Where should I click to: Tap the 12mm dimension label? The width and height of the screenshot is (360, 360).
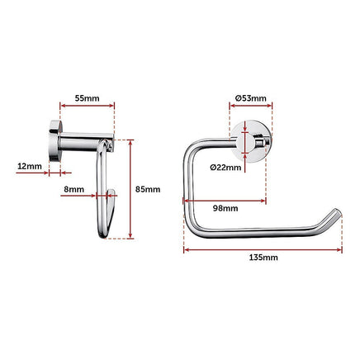[x=29, y=166]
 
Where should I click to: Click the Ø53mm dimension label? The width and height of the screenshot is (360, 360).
[x=249, y=98]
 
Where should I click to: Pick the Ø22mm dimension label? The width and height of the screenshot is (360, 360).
[x=225, y=168]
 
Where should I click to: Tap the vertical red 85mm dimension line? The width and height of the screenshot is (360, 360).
[x=130, y=188]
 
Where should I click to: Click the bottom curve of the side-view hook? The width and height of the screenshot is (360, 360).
[x=104, y=234]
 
